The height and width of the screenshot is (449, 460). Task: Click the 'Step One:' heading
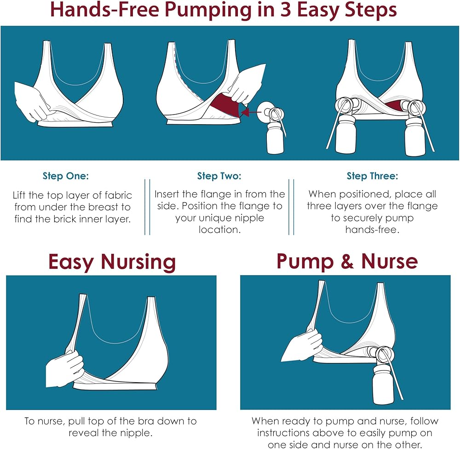[x=65, y=176]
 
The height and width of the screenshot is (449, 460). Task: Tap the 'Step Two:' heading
[x=219, y=176]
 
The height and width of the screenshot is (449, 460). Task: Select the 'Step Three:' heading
[x=372, y=176]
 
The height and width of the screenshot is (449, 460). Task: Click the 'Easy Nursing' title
[x=112, y=262]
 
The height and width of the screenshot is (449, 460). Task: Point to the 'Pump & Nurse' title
[x=347, y=261]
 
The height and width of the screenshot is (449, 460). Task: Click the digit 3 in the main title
[x=286, y=10]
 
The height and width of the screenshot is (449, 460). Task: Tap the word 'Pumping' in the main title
[x=208, y=11]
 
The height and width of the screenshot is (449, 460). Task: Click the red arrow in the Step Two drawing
[x=251, y=112]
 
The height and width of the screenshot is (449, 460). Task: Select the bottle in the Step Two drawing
[x=275, y=138]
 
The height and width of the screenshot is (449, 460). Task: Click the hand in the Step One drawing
[x=33, y=101]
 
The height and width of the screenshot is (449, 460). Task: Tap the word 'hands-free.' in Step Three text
[x=372, y=230]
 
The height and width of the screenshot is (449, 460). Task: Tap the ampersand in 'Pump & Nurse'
[x=347, y=261]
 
